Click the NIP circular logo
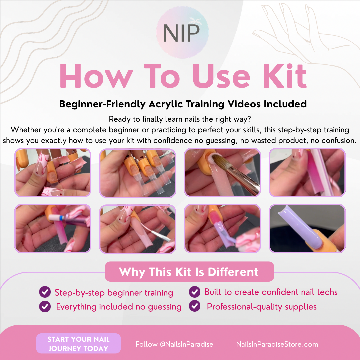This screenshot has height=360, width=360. point(182,32)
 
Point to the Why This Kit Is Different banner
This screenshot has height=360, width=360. point(189,272)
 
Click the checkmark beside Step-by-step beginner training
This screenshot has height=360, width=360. point(45,292)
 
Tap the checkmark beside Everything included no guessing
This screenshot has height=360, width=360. point(45,306)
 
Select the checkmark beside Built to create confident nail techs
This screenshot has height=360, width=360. point(195,292)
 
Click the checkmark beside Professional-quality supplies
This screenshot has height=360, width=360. point(195,306)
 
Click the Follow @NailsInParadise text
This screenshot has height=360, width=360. point(174,344)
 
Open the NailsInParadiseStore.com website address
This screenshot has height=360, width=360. point(277,344)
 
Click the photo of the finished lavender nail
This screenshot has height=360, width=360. point(307,228)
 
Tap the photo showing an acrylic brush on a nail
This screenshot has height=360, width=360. point(222,172)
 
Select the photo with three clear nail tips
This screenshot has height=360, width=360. point(137,173)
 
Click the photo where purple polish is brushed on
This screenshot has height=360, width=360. point(222,228)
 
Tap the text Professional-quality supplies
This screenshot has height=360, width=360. point(262,306)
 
